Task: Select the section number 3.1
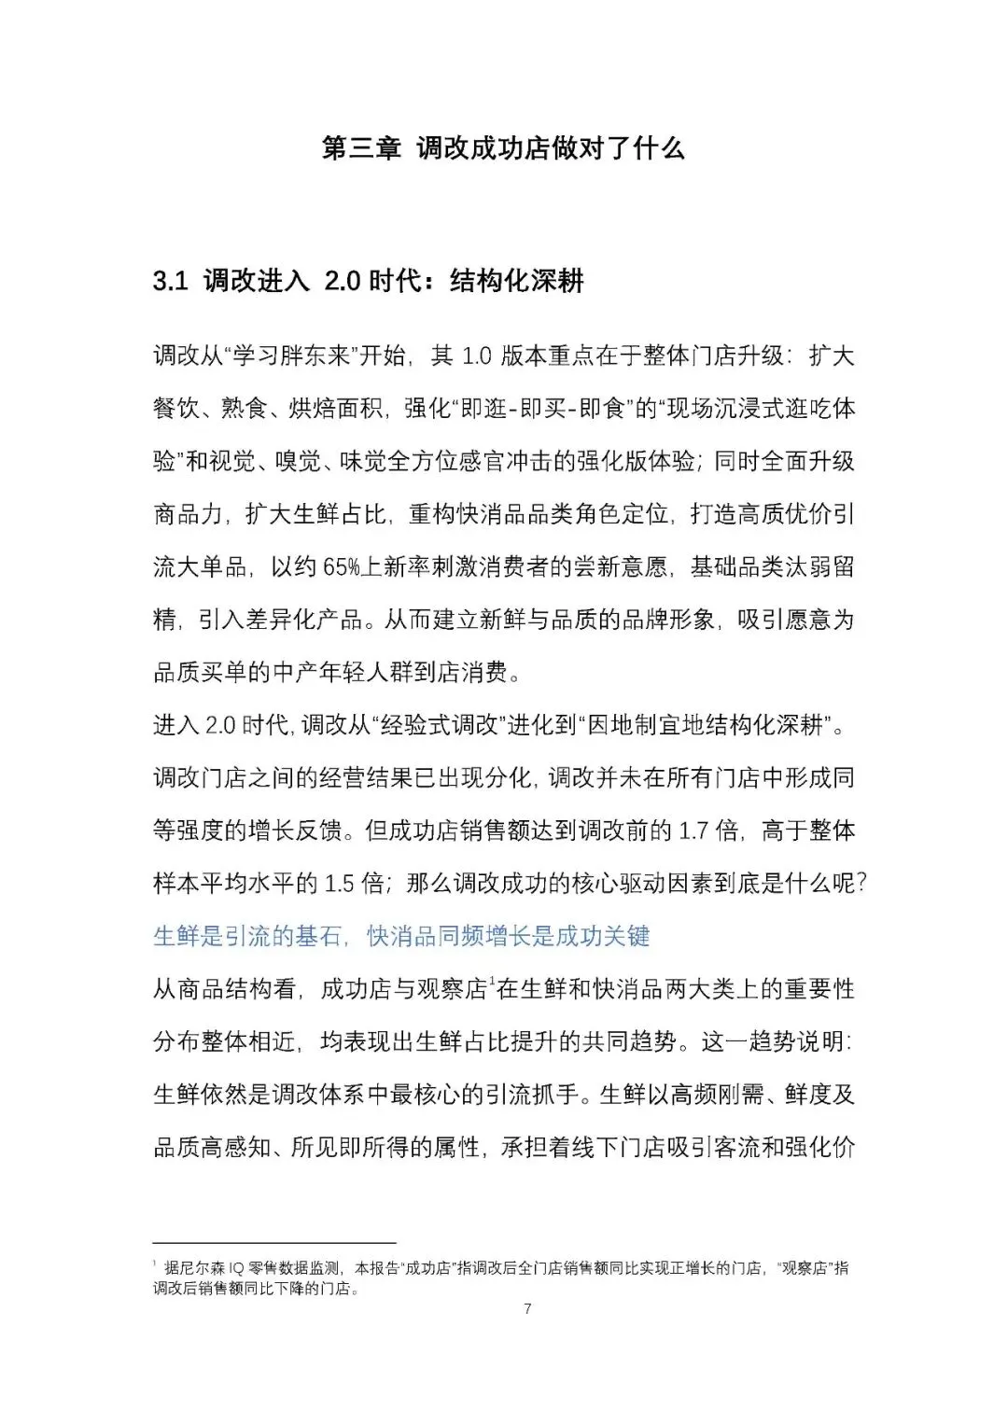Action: tap(171, 282)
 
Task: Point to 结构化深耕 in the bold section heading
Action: tap(517, 282)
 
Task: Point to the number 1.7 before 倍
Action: tap(693, 831)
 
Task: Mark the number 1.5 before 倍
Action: tap(340, 884)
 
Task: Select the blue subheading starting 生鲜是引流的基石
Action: tap(400, 936)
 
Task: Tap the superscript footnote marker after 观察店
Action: tap(491, 982)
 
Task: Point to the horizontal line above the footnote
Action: tap(274, 1243)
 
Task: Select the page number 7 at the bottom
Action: tap(527, 1309)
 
